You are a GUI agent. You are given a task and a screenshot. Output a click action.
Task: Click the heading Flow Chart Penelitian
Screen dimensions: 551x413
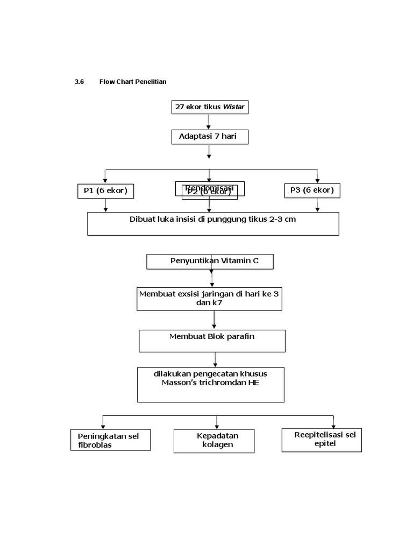click(x=133, y=82)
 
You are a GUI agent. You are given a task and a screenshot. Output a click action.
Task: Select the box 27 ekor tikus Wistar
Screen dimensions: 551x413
click(x=210, y=107)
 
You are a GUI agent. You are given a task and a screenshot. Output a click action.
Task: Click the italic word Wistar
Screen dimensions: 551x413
click(x=233, y=107)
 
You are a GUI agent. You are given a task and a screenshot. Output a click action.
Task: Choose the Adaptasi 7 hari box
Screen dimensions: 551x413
click(x=210, y=137)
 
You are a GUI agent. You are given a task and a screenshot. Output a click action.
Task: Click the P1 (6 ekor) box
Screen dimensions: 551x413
click(x=105, y=191)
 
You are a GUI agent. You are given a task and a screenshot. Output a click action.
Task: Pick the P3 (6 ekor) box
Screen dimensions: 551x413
click(x=312, y=190)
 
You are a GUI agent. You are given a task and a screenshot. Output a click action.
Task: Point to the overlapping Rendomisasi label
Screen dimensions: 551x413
click(x=210, y=187)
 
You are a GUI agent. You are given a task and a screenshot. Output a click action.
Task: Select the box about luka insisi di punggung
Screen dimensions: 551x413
click(x=213, y=223)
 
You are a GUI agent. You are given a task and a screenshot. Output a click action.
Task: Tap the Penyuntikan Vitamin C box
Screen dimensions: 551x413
click(x=210, y=262)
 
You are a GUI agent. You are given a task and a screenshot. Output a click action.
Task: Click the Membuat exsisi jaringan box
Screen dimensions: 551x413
click(x=209, y=299)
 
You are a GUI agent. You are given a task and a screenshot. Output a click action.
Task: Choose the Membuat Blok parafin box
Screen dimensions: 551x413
click(x=212, y=341)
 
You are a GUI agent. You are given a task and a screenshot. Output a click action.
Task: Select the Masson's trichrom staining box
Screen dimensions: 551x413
click(x=211, y=384)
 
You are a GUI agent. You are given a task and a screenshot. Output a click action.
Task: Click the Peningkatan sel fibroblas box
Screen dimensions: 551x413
click(x=111, y=440)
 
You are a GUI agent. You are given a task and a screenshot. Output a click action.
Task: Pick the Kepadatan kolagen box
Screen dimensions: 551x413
click(x=214, y=441)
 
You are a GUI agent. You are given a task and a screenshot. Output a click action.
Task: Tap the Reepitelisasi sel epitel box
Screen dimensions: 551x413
click(x=322, y=440)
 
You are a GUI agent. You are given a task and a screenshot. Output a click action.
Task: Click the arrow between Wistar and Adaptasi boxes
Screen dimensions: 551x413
click(x=209, y=122)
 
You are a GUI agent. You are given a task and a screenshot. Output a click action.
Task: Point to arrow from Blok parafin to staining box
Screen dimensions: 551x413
click(x=216, y=359)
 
